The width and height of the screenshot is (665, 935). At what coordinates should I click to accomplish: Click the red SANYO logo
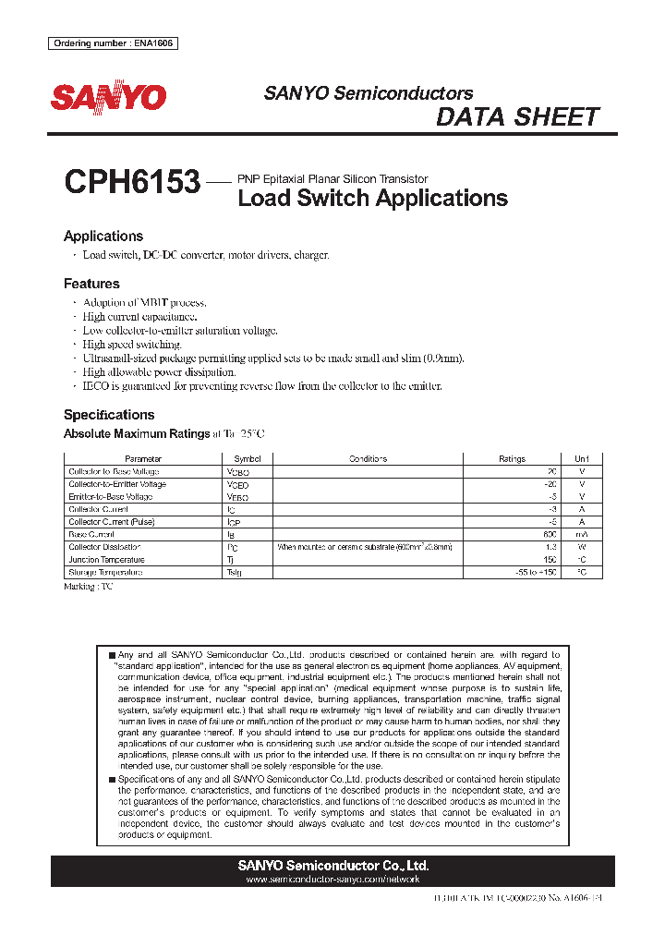[108, 98]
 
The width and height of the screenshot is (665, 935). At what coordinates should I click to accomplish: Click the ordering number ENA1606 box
[112, 43]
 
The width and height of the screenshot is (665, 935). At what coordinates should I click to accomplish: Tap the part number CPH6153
[132, 182]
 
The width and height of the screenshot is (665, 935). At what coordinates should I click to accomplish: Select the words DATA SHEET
[517, 117]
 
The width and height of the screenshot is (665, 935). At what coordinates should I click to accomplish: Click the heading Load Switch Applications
[372, 198]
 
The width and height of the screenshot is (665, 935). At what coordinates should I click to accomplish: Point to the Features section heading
[91, 284]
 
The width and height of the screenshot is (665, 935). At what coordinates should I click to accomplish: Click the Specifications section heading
[109, 415]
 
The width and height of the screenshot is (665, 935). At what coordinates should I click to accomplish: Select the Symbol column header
[247, 459]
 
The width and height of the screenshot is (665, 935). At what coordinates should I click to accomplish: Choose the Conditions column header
[368, 459]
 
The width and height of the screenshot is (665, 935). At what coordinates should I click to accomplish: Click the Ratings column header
[512, 459]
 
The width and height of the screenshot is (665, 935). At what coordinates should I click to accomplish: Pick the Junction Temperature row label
[106, 560]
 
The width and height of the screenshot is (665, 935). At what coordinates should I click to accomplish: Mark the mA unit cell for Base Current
[581, 535]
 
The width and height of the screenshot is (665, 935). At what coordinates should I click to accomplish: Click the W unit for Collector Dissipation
[581, 548]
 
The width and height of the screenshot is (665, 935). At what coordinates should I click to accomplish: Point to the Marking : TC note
[88, 587]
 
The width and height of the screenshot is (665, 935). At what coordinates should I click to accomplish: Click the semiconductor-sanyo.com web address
[333, 880]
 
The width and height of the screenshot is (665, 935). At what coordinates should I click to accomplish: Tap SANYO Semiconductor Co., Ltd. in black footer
[333, 866]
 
